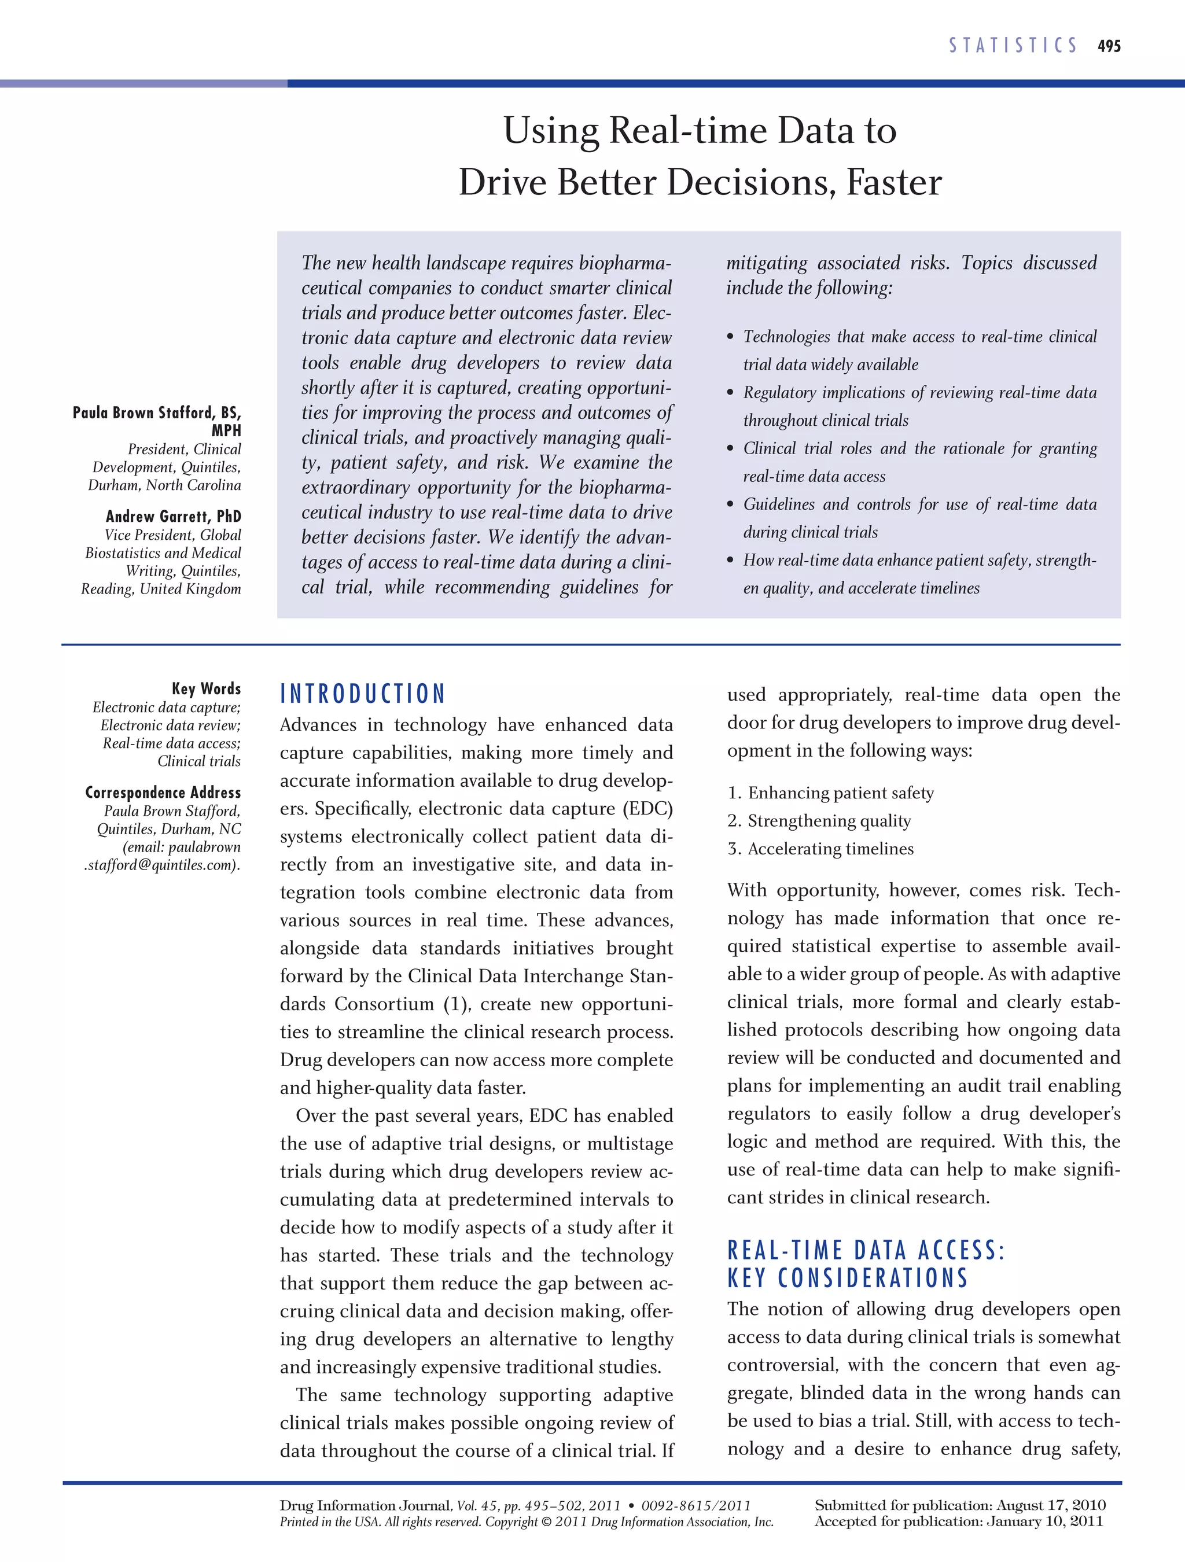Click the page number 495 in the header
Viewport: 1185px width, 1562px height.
[x=1109, y=46]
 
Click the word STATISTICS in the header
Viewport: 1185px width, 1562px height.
[x=1013, y=46]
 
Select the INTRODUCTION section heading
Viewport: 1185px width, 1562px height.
[x=362, y=694]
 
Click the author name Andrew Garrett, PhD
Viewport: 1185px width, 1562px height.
[x=173, y=516]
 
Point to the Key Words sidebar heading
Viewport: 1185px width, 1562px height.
[x=206, y=688]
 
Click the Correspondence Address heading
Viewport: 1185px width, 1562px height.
[x=163, y=793]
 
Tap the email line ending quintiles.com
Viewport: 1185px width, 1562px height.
[x=163, y=865]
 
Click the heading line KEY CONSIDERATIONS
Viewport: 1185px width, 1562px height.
[x=848, y=1278]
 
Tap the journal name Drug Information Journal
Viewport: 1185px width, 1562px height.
[x=365, y=1505]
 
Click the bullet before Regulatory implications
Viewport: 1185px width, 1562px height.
[x=731, y=393]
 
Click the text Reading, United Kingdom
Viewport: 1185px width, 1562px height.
[x=161, y=589]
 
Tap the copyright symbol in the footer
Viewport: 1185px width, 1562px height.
[x=547, y=1522]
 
